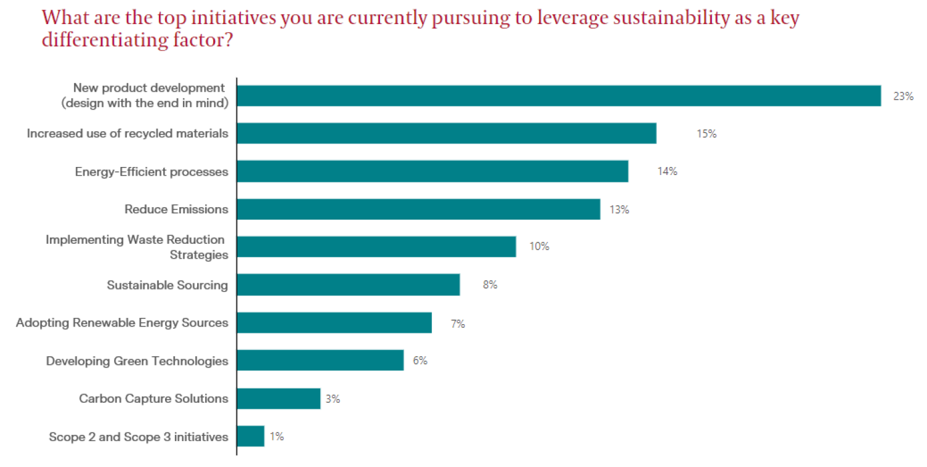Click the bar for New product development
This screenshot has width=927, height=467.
click(x=559, y=96)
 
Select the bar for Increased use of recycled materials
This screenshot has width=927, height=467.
click(x=446, y=134)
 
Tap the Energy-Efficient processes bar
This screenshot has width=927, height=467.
click(x=433, y=171)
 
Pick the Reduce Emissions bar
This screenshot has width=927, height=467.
click(x=418, y=209)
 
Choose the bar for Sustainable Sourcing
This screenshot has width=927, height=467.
click(x=348, y=285)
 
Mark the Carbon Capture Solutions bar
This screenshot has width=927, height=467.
click(x=278, y=399)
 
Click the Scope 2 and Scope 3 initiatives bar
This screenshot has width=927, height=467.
click(x=250, y=436)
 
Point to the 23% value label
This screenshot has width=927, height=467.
click(x=903, y=96)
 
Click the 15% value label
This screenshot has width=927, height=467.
click(x=706, y=134)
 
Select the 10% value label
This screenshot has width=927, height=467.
click(x=539, y=247)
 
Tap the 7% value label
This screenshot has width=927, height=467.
click(x=457, y=323)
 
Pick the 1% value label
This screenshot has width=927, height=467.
click(x=276, y=437)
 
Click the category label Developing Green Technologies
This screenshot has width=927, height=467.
click(x=137, y=361)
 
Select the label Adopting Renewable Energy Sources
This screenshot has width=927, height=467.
click(x=122, y=323)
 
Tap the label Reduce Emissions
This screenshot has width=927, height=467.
click(x=176, y=209)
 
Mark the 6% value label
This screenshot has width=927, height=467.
click(x=420, y=361)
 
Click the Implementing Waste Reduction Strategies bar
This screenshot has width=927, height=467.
click(x=376, y=247)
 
